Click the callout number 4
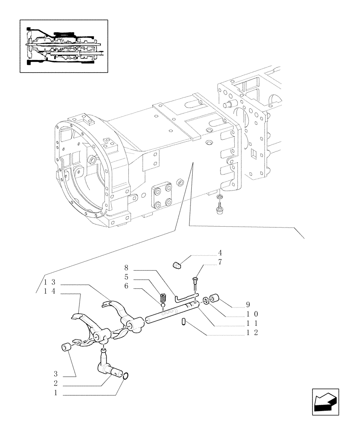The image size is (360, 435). (x=220, y=253)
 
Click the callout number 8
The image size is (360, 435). (x=126, y=267)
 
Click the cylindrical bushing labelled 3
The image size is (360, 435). (x=67, y=348)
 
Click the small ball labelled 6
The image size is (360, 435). (x=163, y=305)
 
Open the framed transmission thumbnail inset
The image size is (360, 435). (x=64, y=45)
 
